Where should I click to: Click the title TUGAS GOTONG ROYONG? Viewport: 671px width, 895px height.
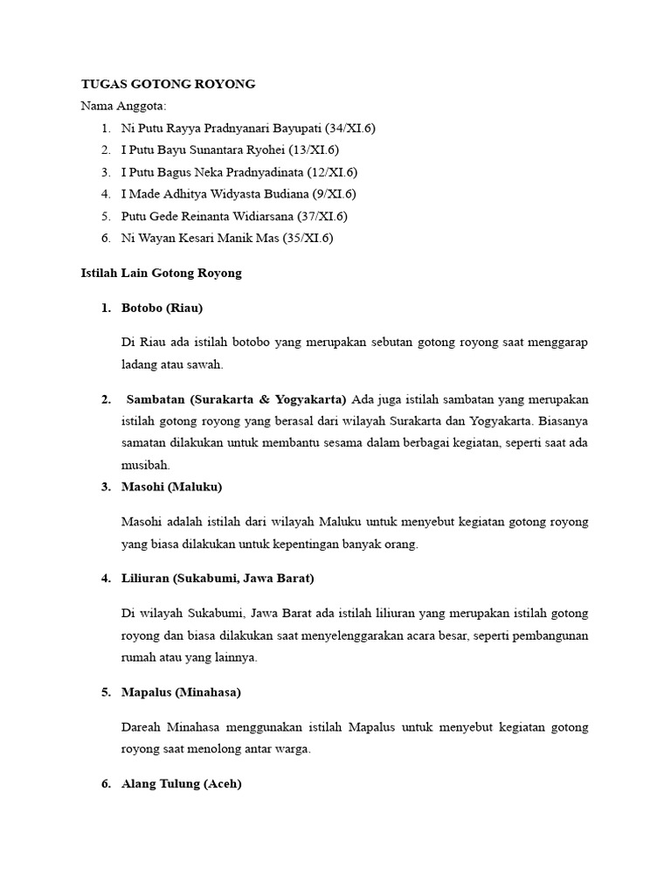(168, 84)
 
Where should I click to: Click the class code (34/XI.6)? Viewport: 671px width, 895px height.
(348, 128)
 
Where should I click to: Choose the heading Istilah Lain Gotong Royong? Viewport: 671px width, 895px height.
(161, 273)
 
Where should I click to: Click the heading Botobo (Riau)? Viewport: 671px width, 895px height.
(163, 308)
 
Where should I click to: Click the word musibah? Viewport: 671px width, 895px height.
(146, 465)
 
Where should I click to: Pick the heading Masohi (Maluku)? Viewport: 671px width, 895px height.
(172, 487)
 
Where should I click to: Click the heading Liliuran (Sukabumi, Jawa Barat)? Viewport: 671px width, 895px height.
(218, 579)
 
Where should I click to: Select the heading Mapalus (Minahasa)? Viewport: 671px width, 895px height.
(181, 692)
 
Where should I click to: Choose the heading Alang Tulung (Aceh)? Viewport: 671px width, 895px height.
(181, 784)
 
